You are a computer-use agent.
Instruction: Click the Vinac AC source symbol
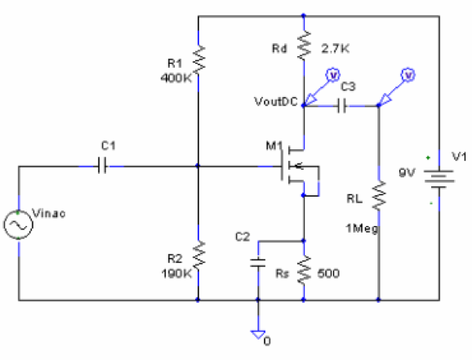[17, 224]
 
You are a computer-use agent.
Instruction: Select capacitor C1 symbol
[102, 166]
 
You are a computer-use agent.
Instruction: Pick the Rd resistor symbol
[304, 47]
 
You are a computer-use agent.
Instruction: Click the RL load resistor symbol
[379, 197]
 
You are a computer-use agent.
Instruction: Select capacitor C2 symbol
[258, 262]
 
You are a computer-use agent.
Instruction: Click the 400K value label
[175, 78]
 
